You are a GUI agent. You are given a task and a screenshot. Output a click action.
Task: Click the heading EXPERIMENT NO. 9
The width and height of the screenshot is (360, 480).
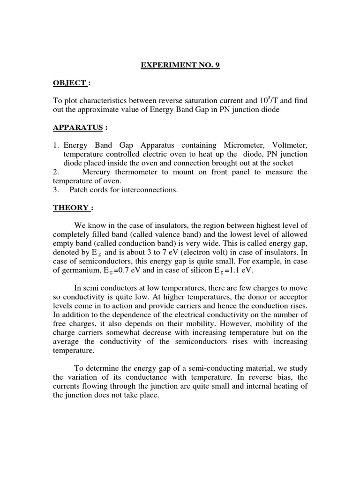click(x=180, y=66)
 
